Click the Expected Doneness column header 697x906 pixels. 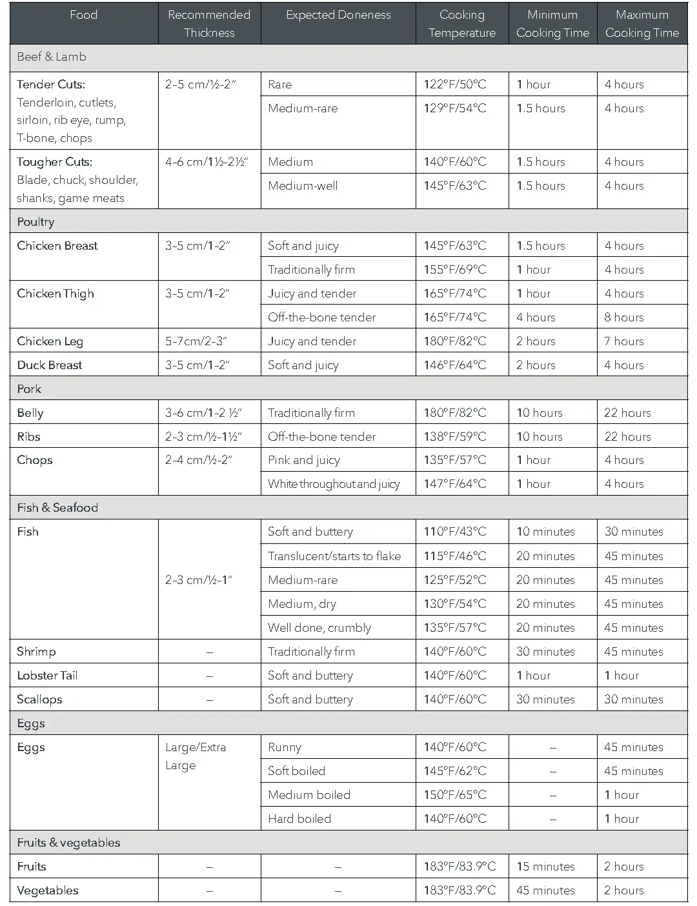pos(338,15)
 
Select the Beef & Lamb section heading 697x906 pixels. pos(52,57)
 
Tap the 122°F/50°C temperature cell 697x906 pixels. pos(455,85)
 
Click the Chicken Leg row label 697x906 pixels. pos(50,341)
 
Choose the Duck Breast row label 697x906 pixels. pos(50,365)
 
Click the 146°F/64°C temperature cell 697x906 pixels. pos(455,365)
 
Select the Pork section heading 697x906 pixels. pos(29,389)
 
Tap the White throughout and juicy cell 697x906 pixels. pos(334,484)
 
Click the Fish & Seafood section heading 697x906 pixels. pos(57,508)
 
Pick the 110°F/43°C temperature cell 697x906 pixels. pos(455,532)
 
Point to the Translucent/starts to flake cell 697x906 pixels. pos(334,556)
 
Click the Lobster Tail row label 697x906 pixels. pos(47,676)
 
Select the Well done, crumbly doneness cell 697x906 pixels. pos(319,628)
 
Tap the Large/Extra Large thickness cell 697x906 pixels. pos(196,756)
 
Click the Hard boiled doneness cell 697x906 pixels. pos(299,819)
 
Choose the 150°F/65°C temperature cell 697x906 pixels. pos(455,795)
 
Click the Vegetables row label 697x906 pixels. pos(48,891)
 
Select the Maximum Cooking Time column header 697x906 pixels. pos(642,24)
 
